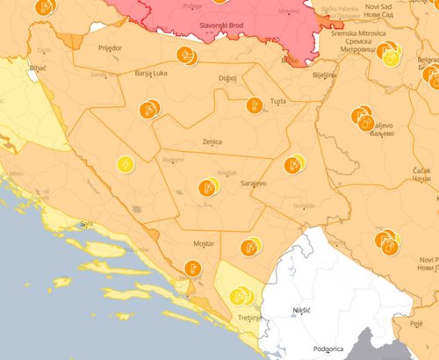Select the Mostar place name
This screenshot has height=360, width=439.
pyautogui.click(x=202, y=242)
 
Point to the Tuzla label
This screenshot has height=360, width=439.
pyautogui.click(x=278, y=101)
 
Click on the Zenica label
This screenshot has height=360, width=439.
pyautogui.click(x=212, y=141)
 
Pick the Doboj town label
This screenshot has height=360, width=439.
pyautogui.click(x=227, y=78)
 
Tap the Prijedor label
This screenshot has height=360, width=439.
pyautogui.click(x=111, y=49)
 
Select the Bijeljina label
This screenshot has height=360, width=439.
pyautogui.click(x=325, y=76)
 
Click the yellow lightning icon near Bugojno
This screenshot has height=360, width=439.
pyautogui.click(x=126, y=164)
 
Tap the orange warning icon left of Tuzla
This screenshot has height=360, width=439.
pyautogui.click(x=255, y=104)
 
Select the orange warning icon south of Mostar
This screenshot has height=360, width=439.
pyautogui.click(x=192, y=269)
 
